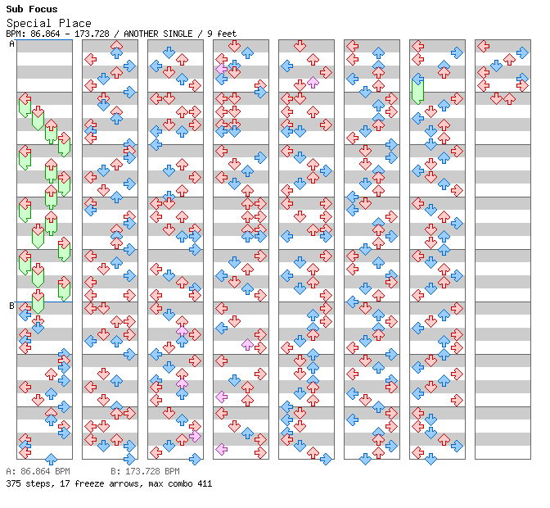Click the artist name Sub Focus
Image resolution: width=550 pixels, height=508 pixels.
(31, 10)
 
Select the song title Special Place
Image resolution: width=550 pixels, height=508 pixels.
(48, 23)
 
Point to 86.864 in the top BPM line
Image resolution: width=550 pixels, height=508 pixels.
(43, 34)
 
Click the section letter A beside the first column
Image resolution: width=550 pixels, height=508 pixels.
(11, 44)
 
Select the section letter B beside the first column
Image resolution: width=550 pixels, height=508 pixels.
(11, 306)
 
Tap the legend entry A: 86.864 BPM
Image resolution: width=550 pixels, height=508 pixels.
(38, 472)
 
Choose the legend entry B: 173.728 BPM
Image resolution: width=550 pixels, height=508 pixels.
(145, 472)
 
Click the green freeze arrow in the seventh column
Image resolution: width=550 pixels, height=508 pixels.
(417, 88)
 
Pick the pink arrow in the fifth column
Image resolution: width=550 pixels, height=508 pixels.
(313, 83)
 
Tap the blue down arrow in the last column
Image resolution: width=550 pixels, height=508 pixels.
(496, 66)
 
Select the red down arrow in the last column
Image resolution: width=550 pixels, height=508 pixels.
(496, 98)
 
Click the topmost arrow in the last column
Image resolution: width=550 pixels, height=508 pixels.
(483, 46)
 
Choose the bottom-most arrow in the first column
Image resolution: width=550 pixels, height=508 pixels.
(51, 459)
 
